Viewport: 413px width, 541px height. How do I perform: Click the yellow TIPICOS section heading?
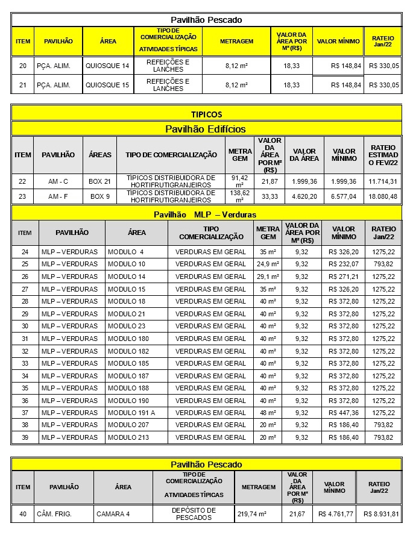pyautogui.click(x=206, y=114)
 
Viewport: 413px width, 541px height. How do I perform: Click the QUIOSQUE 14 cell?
pyautogui.click(x=107, y=66)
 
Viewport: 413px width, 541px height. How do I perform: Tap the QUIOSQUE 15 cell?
pyautogui.click(x=107, y=85)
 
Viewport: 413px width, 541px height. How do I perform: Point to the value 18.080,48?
pyautogui.click(x=383, y=196)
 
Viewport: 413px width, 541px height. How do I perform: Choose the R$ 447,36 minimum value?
pyautogui.click(x=344, y=413)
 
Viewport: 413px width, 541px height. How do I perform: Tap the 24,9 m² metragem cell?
pyautogui.click(x=268, y=264)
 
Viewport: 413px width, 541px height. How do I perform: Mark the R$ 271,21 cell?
pyautogui.click(x=344, y=277)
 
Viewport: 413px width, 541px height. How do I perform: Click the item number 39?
pyautogui.click(x=25, y=437)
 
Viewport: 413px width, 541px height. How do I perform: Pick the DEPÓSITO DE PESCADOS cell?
pyautogui.click(x=194, y=514)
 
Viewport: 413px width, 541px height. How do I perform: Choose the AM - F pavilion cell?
pyautogui.click(x=58, y=196)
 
